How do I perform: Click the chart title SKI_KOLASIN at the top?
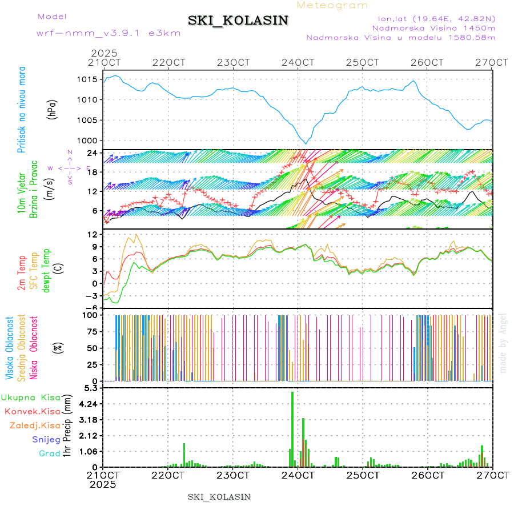click(238, 21)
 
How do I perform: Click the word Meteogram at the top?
click(333, 5)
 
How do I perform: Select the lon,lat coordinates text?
click(432, 18)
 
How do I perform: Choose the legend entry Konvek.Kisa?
click(32, 411)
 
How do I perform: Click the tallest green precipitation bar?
click(292, 428)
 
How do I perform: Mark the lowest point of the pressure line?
click(307, 143)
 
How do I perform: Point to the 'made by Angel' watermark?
click(503, 343)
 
